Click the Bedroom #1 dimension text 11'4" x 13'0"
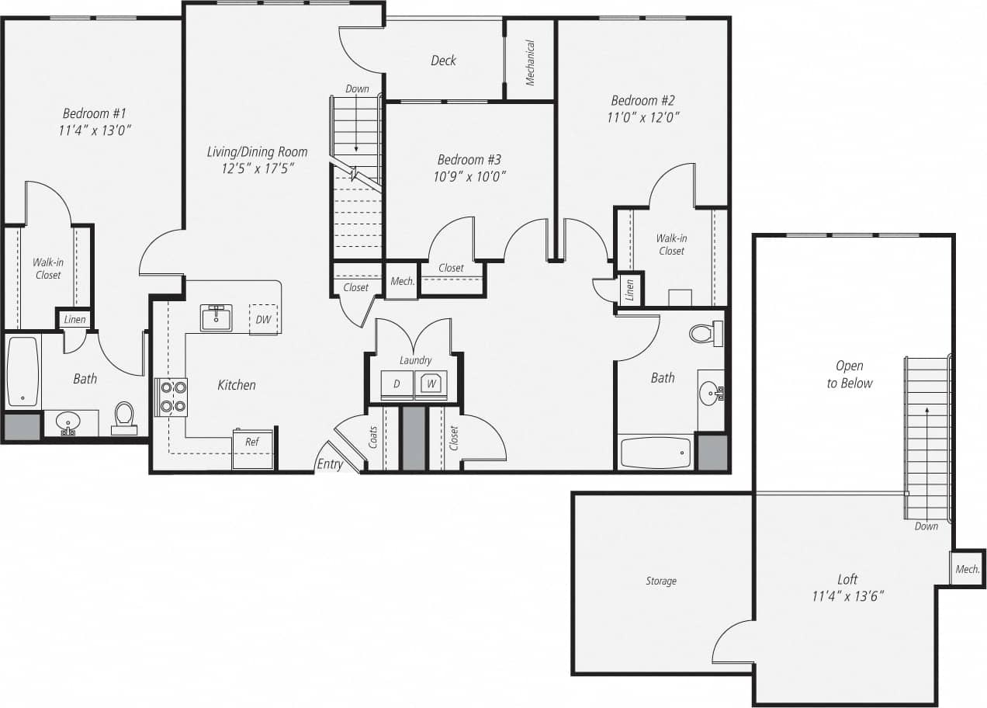pos(94,130)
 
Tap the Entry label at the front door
pos(330,464)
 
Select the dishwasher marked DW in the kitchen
pos(263,319)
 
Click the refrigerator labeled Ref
pos(252,442)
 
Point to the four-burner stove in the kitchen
pos(172,397)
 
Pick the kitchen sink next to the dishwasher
pos(216,318)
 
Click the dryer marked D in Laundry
pos(397,384)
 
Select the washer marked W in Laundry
pos(431,383)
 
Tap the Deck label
pos(443,61)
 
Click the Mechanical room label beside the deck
pos(531,62)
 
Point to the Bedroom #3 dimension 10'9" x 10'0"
pos(471,176)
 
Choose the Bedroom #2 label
pos(642,100)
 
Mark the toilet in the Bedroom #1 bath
pos(124,417)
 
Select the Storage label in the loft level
pos(661,581)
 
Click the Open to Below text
pos(849,374)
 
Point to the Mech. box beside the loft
pos(967,569)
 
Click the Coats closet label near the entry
pos(373,437)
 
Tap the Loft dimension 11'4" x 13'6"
pos(847,596)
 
